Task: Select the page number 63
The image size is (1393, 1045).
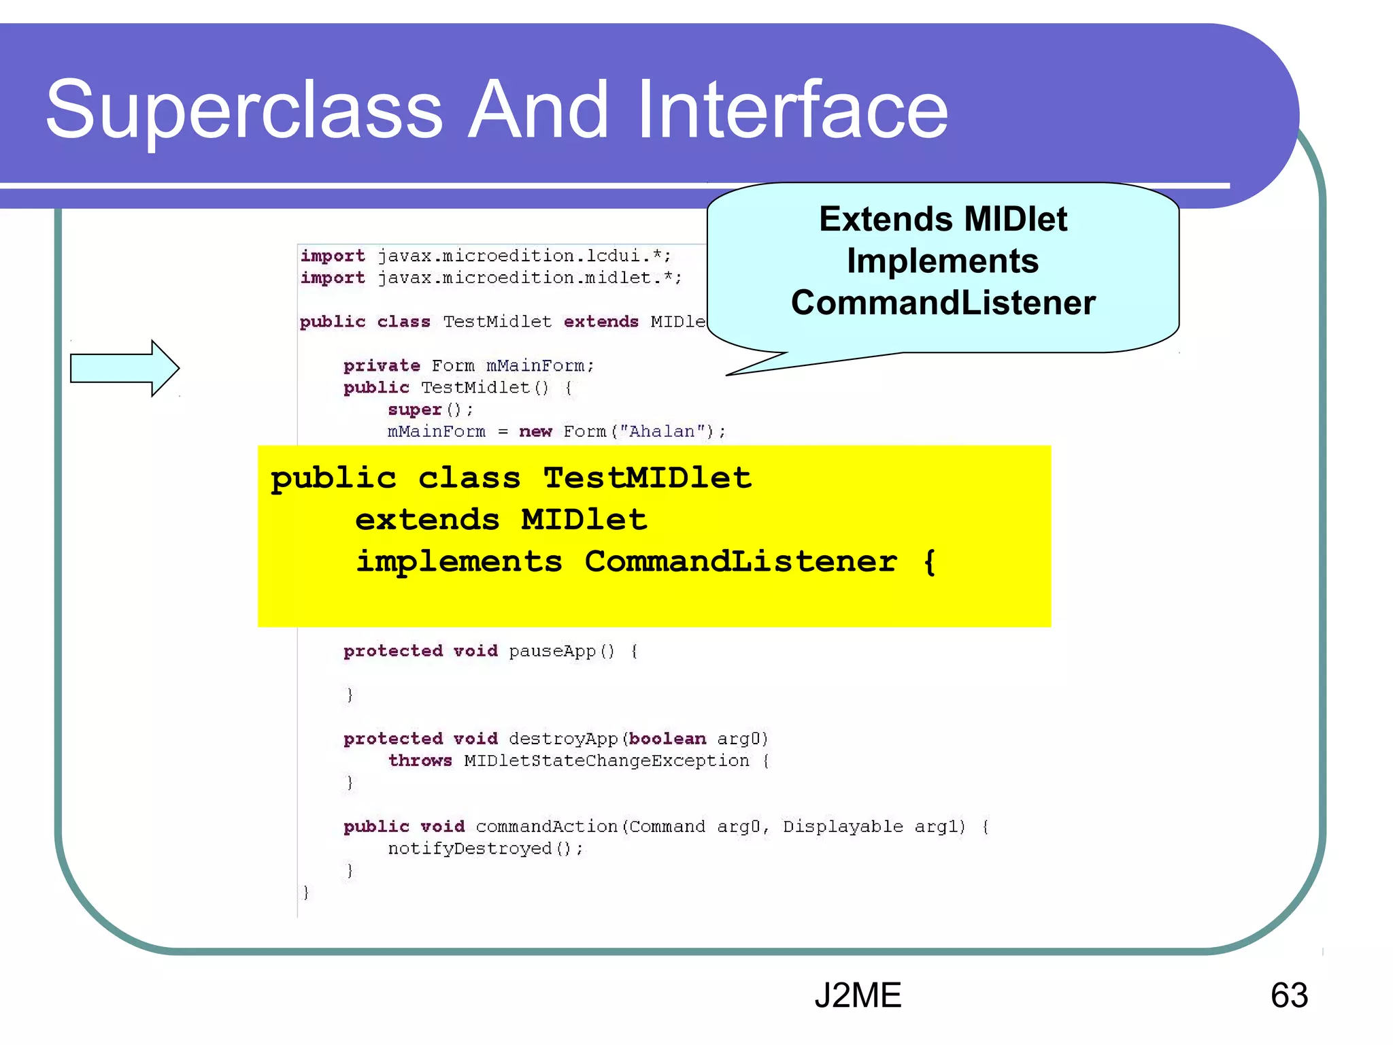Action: [x=1289, y=995]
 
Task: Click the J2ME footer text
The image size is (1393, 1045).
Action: [x=858, y=995]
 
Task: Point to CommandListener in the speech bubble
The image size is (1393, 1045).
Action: [x=943, y=303]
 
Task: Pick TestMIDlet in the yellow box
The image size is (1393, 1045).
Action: [x=648, y=478]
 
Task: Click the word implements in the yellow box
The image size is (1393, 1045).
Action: [x=459, y=562]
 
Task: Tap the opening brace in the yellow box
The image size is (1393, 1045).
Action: [x=929, y=562]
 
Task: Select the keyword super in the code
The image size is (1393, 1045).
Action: [x=415, y=410]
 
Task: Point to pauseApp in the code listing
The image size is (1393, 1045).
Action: [x=552, y=651]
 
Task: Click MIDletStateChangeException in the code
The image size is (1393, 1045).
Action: [x=606, y=761]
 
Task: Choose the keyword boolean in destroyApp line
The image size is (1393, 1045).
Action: [x=667, y=739]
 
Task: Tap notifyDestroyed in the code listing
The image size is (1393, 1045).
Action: [x=470, y=848]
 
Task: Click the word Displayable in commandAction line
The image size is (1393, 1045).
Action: [x=843, y=827]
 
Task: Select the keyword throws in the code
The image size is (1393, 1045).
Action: [x=420, y=761]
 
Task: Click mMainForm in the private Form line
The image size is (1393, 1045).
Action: [x=535, y=366]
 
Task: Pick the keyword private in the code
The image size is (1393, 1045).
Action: [x=382, y=366]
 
